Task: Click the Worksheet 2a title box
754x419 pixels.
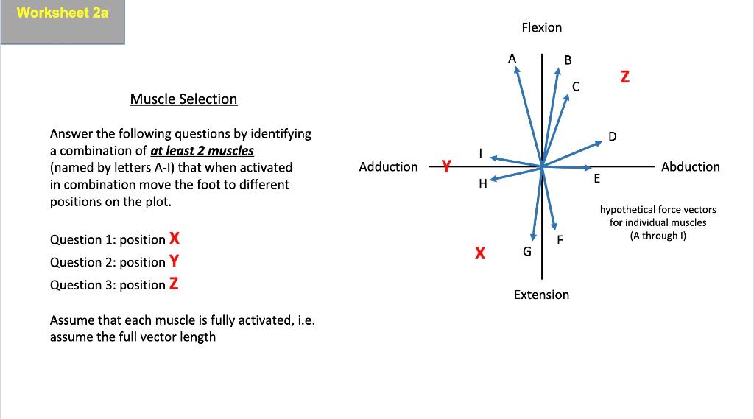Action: click(63, 22)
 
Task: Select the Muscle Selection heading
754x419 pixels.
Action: click(183, 99)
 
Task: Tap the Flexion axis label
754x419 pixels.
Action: click(541, 27)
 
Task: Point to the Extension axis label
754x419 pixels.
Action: click(541, 295)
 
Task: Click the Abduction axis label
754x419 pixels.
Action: click(690, 166)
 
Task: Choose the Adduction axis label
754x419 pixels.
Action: click(388, 166)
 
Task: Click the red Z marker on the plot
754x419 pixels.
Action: click(624, 77)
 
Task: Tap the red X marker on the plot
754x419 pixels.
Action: click(479, 253)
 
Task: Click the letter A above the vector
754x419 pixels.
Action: click(512, 57)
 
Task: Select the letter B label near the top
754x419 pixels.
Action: click(567, 59)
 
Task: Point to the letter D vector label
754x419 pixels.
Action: click(613, 135)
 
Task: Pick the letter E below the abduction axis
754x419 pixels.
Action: click(596, 179)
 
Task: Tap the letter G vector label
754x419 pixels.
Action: click(526, 252)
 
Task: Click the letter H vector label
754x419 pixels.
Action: click(483, 184)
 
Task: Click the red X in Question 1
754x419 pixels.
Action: click(175, 239)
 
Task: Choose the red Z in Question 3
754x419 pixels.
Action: click(174, 284)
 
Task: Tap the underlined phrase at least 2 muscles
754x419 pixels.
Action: click(202, 150)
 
